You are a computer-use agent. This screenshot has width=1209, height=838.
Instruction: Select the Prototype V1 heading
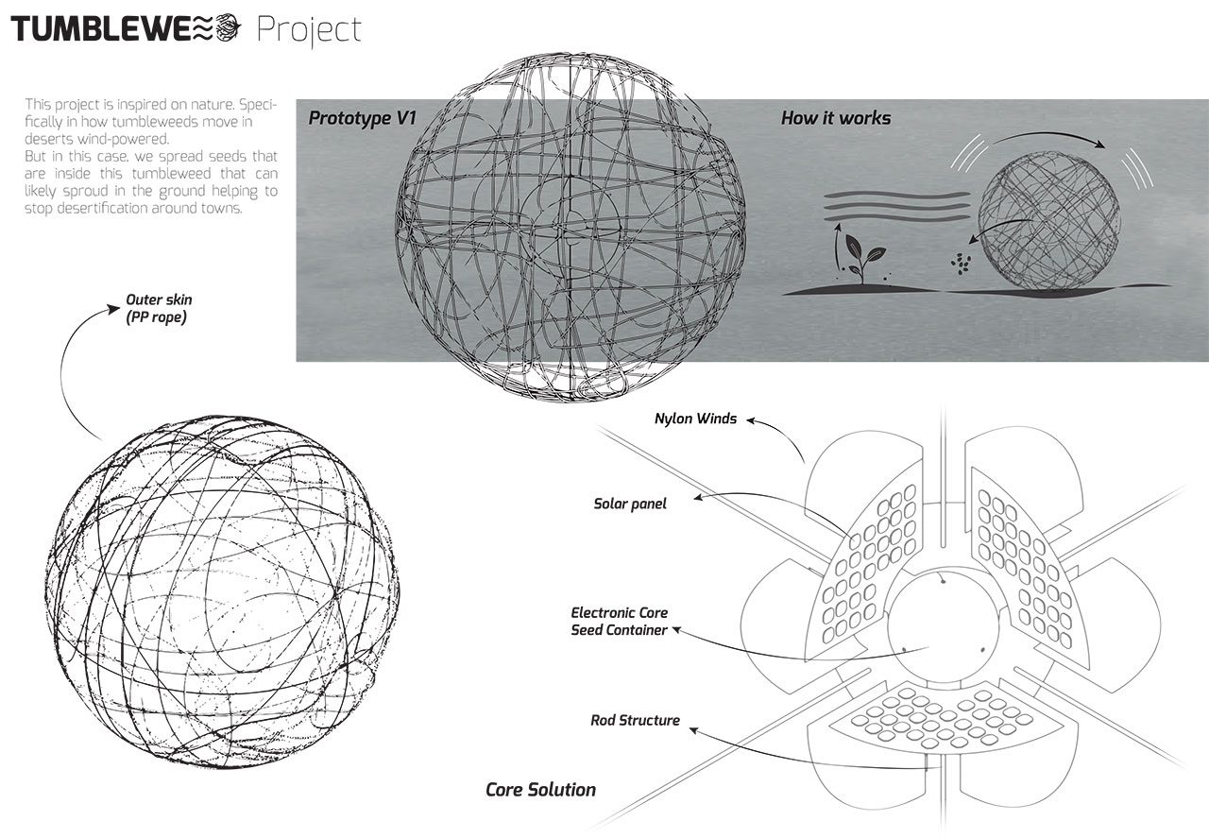tap(362, 119)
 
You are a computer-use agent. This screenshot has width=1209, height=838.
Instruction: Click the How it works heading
tap(836, 118)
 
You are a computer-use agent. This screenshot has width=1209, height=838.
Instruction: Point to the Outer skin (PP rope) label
tap(159, 308)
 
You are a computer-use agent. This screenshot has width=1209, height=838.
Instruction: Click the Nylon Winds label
tap(695, 419)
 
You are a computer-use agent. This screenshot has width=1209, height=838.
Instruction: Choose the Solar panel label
tap(630, 504)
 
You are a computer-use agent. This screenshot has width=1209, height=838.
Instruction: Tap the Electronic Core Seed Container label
tap(619, 621)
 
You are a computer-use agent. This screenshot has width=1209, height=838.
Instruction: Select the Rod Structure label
tap(635, 720)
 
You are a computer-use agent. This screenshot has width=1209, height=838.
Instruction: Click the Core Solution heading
tap(541, 790)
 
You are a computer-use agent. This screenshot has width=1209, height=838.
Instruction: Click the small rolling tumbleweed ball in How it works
tap(1048, 220)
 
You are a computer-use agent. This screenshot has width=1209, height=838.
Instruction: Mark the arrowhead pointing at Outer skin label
tap(113, 309)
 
